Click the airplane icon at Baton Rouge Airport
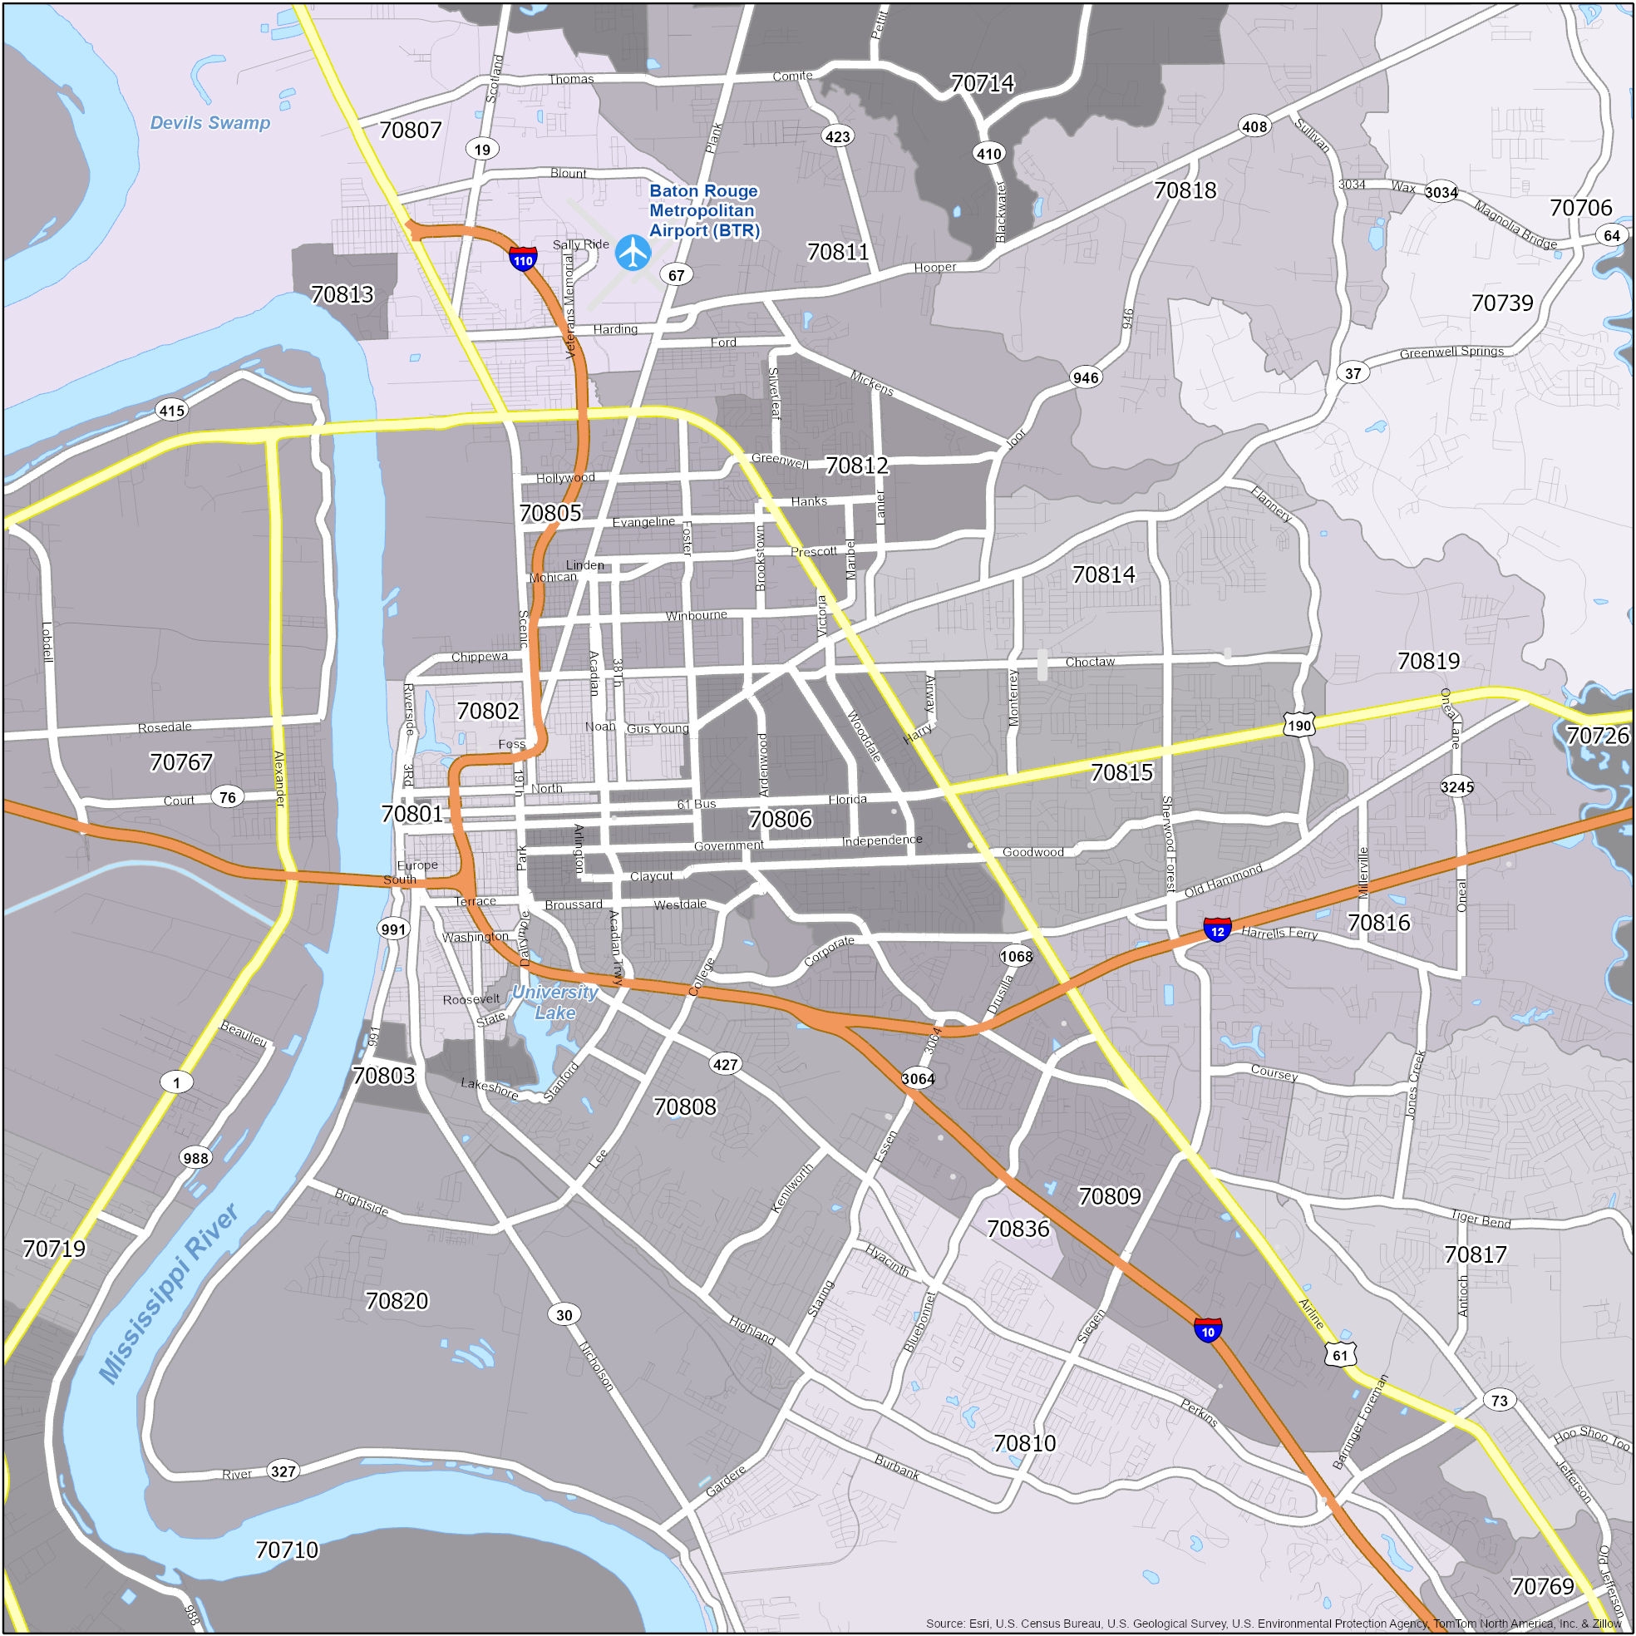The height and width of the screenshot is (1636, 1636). coord(633,253)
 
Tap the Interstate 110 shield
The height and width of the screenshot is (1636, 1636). coord(522,259)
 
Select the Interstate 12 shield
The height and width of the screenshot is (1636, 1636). coord(1217,930)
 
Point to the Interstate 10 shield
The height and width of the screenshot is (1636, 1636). coord(1208,1330)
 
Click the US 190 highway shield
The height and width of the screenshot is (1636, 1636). coord(1299,726)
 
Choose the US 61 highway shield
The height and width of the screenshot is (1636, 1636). coord(1339,1354)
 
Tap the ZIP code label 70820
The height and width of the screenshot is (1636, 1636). coord(397,1300)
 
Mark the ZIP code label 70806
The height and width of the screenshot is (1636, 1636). coord(780,819)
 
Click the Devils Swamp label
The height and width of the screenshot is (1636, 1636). coord(210,123)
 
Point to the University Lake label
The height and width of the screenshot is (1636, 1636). coord(555,1002)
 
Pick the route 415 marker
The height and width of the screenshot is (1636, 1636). coord(172,411)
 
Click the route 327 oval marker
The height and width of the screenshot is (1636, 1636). coord(283,1471)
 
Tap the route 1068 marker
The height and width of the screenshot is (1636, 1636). coord(1016,957)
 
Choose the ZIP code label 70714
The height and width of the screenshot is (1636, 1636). coord(982,83)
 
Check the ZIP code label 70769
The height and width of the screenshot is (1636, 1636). coord(1542,1586)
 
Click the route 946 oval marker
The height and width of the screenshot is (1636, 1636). coord(1086,377)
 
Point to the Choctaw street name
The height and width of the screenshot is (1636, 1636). coord(1090,662)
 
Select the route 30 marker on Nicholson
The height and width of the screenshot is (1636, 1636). coord(564,1315)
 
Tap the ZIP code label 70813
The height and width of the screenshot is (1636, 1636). coord(342,293)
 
